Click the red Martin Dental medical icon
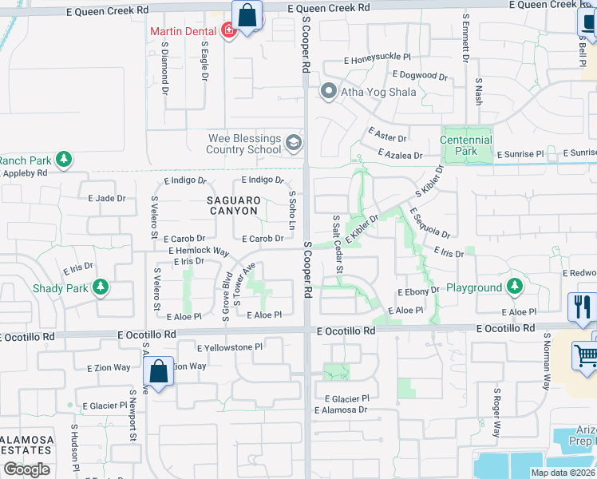coord(229,32)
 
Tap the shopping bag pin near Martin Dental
coord(247,15)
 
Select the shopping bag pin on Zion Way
coord(158,371)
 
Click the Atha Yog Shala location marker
coord(327,92)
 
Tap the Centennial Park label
coord(466,145)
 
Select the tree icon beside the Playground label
coord(515,285)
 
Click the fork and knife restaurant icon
coord(583,307)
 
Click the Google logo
coord(27,469)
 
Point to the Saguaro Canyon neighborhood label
coord(233,205)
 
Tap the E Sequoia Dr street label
coord(429,223)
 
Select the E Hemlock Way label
coord(200,250)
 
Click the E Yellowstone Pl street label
coord(230,347)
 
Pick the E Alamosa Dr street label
coord(340,410)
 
